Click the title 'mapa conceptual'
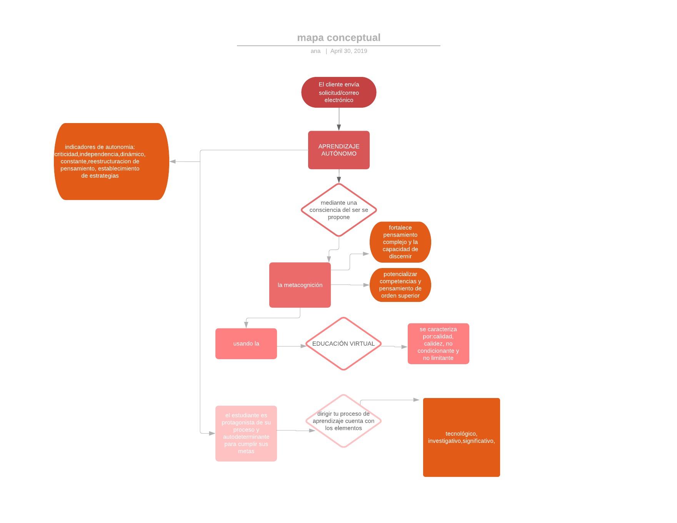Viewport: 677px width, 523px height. pos(338,38)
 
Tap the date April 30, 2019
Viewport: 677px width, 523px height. pos(349,51)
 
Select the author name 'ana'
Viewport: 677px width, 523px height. pos(315,51)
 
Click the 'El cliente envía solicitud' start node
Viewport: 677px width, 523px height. pos(339,92)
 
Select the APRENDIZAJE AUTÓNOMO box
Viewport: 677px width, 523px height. pos(339,150)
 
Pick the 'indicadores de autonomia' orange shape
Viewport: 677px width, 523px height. pos(112,162)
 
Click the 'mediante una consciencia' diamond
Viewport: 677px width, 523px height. pos(339,210)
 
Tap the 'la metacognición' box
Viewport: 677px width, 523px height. pos(300,285)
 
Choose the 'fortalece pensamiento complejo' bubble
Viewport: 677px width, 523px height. pos(400,242)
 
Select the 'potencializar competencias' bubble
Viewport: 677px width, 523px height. pos(400,285)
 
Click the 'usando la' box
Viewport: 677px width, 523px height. pos(246,344)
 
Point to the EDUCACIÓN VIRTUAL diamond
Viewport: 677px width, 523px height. pos(344,344)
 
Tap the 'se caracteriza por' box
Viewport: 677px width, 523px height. pos(439,344)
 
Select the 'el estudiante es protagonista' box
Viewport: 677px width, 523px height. pos(246,433)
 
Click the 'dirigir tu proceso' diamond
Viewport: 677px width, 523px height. pos(344,421)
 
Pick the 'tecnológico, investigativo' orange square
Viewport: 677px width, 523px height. pos(462,437)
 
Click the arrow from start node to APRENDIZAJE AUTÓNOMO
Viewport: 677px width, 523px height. pos(339,119)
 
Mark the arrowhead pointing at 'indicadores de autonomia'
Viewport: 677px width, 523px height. pos(173,162)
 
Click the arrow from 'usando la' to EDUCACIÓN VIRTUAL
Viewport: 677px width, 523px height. pos(292,346)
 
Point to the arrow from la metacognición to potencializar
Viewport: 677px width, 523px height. pos(350,285)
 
